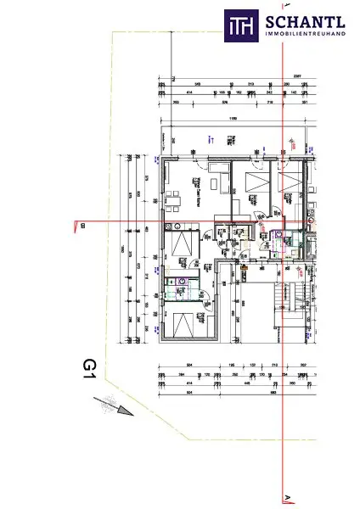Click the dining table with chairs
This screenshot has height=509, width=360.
175,201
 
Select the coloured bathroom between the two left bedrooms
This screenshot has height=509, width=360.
181,285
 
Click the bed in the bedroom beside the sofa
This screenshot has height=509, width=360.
251,182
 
